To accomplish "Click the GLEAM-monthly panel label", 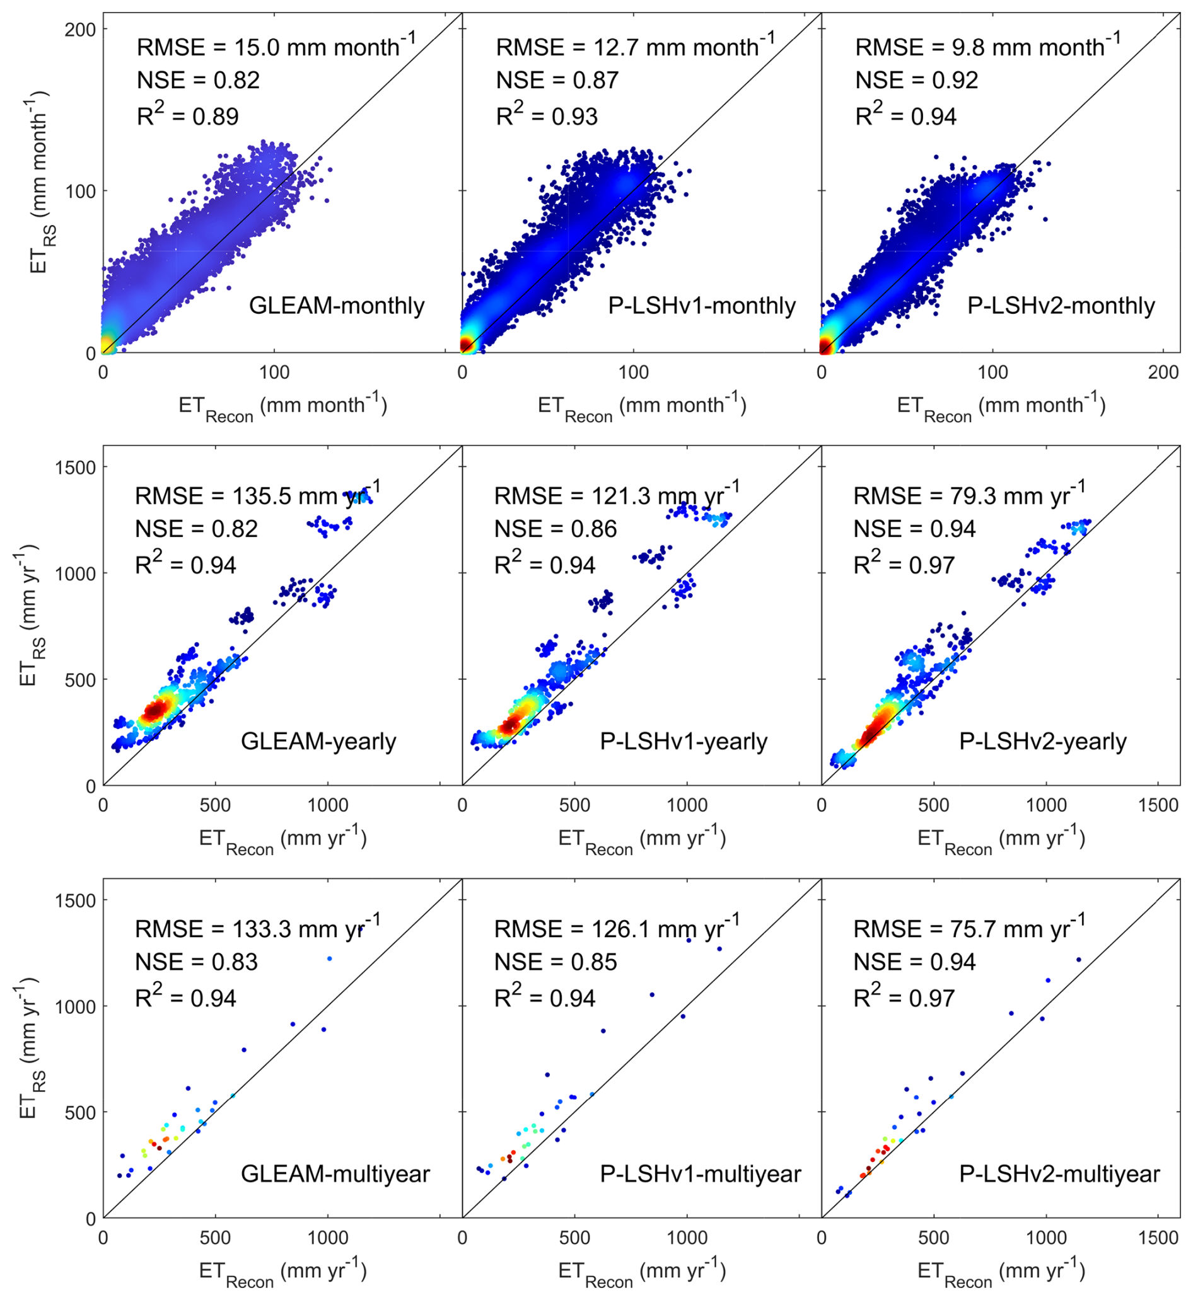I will (x=336, y=305).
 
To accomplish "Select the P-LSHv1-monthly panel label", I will (x=702, y=305).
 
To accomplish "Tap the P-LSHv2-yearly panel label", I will (x=1042, y=741).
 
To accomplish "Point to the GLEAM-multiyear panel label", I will (x=335, y=1173).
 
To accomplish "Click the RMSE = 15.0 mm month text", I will (x=276, y=47).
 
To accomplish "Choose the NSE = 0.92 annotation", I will (x=916, y=80).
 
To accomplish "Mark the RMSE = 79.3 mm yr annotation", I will (x=969, y=495).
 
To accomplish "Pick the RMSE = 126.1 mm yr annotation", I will (x=616, y=928).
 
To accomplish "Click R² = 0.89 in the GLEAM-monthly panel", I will (x=187, y=115).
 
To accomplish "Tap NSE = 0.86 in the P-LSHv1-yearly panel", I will (x=555, y=529).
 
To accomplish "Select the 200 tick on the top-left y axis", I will (x=80, y=29).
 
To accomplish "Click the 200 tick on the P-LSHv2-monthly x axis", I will (x=1163, y=372).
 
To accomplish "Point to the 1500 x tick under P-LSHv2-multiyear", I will (x=1158, y=1238).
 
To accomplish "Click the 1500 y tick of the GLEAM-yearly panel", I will (x=76, y=467).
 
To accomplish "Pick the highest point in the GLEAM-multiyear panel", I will (x=329, y=958).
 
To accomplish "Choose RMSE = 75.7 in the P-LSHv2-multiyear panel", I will (x=969, y=928).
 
